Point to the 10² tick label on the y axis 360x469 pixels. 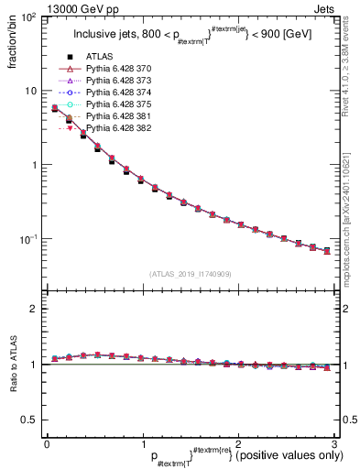[x=27, y=17]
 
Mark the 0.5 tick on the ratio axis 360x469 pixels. [x=29, y=420]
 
